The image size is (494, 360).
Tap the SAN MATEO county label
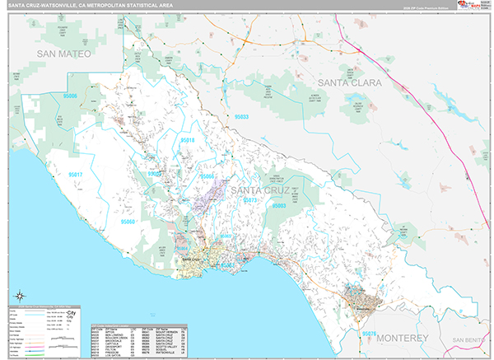[63, 54]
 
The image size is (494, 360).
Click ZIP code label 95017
[76, 175]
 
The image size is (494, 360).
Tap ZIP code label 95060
[128, 222]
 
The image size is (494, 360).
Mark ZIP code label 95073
[251, 200]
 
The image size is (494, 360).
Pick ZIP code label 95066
[207, 176]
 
